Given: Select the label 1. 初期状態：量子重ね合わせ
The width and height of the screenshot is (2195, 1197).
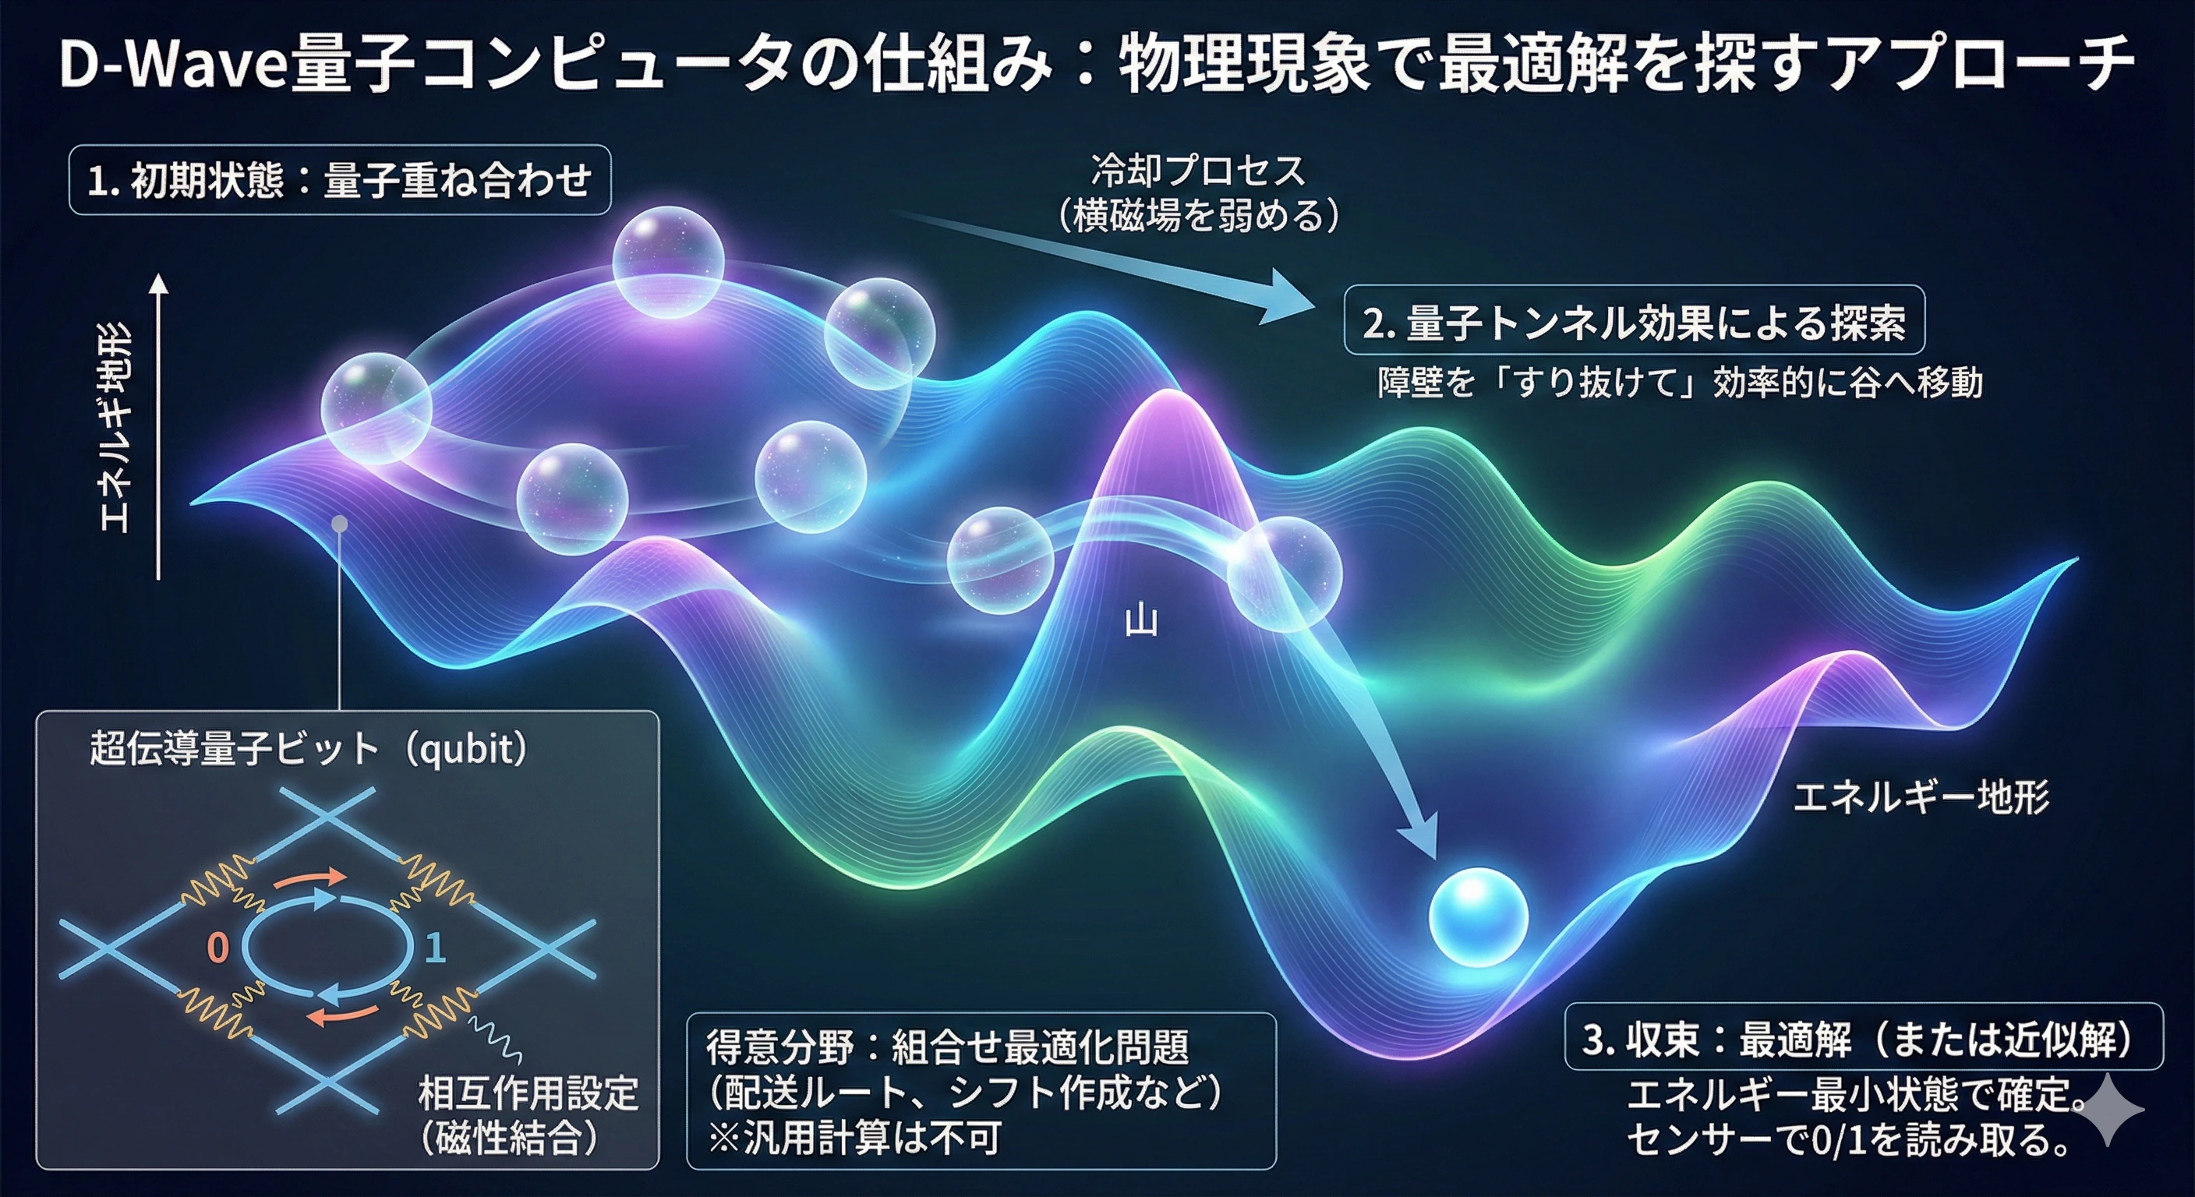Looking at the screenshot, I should click(x=339, y=181).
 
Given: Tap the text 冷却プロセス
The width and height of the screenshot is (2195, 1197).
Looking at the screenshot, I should click(x=1198, y=171).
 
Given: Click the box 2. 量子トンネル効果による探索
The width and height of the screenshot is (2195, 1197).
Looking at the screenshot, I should click(x=1634, y=321).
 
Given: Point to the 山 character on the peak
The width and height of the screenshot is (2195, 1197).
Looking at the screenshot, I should click(x=1141, y=621).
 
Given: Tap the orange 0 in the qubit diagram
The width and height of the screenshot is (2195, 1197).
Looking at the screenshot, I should click(x=218, y=948).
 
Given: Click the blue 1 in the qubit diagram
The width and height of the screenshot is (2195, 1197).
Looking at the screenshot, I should click(x=436, y=948).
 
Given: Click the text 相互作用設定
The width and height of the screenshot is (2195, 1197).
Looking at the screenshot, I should click(x=528, y=1093).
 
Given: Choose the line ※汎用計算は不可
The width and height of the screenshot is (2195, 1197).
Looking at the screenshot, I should click(x=854, y=1137).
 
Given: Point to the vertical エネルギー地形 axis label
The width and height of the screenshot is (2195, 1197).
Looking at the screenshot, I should click(x=115, y=426).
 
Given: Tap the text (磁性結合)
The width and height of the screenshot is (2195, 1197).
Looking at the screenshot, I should click(x=510, y=1137).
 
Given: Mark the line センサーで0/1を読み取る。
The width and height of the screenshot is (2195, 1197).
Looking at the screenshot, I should click(x=1849, y=1140).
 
